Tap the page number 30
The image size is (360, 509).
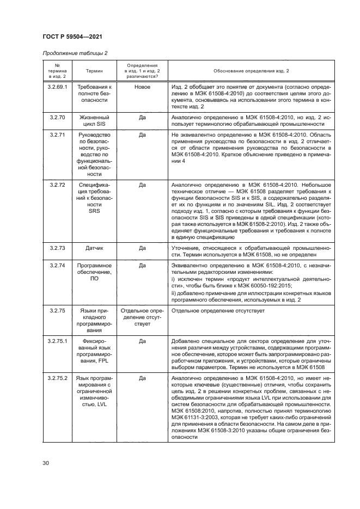tap(46, 463)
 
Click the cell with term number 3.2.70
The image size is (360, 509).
tap(57, 117)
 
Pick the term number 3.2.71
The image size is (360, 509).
tap(57, 134)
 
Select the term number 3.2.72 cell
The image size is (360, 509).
tap(57, 185)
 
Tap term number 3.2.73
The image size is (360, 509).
tap(57, 248)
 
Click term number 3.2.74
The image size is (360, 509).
tap(57, 265)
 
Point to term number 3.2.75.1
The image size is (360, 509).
tap(57, 341)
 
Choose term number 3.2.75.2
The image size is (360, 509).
tap(57, 378)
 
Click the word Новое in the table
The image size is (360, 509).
tap(142, 87)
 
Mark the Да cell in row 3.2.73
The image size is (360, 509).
tap(142, 248)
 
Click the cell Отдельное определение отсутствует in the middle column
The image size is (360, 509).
tap(142, 317)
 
